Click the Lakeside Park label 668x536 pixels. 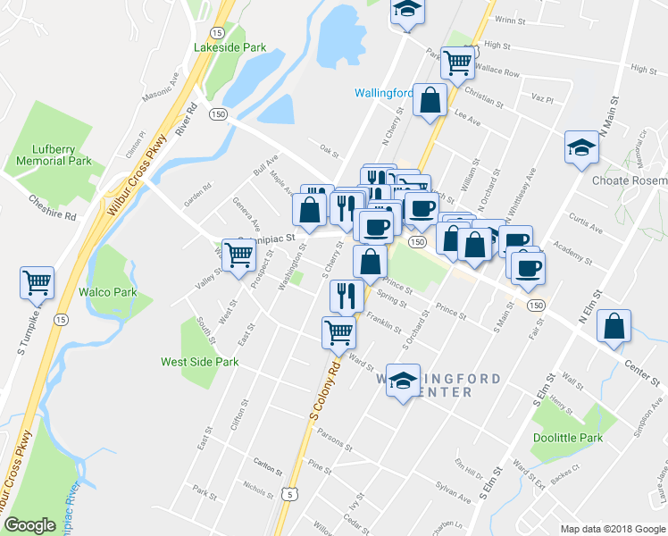pyautogui.click(x=230, y=46)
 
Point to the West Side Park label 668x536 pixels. pyautogui.click(x=199, y=362)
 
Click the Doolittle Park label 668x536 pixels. pyautogui.click(x=568, y=438)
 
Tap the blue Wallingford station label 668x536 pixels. pyautogui.click(x=383, y=93)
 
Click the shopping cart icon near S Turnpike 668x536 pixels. pyautogui.click(x=38, y=283)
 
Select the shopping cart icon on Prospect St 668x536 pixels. pyautogui.click(x=239, y=255)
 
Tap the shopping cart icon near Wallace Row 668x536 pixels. pyautogui.click(x=457, y=62)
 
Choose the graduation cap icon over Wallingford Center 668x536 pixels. pyautogui.click(x=403, y=380)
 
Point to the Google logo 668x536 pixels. pyautogui.click(x=29, y=525)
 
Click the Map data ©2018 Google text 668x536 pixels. pyautogui.click(x=613, y=528)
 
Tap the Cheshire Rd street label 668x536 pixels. pyautogui.click(x=51, y=208)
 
